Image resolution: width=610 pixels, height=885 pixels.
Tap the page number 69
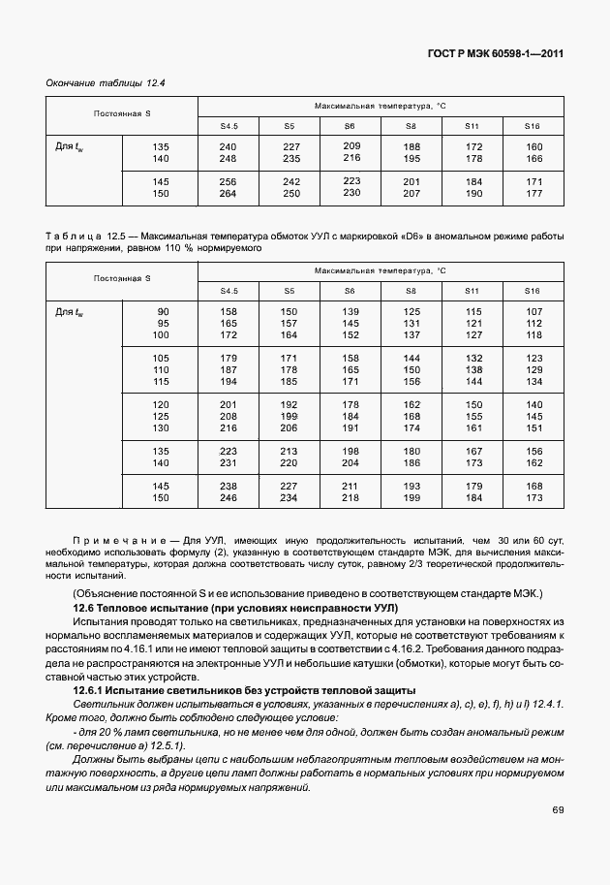coord(558,838)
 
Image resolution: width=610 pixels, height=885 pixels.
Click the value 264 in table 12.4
coord(228,194)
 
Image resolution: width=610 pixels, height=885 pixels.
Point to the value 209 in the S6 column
coord(351,145)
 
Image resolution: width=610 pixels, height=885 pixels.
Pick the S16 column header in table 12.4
coord(533,126)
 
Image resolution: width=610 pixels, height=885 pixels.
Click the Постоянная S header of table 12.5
coord(122,278)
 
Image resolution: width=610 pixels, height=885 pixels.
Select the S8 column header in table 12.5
coord(412,291)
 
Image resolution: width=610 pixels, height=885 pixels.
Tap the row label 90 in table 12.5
coord(162,311)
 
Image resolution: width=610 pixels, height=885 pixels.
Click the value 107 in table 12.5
coord(533,311)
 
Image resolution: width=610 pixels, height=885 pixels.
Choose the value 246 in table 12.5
coord(228,498)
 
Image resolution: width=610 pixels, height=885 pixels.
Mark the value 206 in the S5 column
coord(290,427)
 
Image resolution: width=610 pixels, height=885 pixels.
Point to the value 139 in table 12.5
coord(351,311)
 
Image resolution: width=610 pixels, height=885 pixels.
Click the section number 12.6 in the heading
coord(84,606)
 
